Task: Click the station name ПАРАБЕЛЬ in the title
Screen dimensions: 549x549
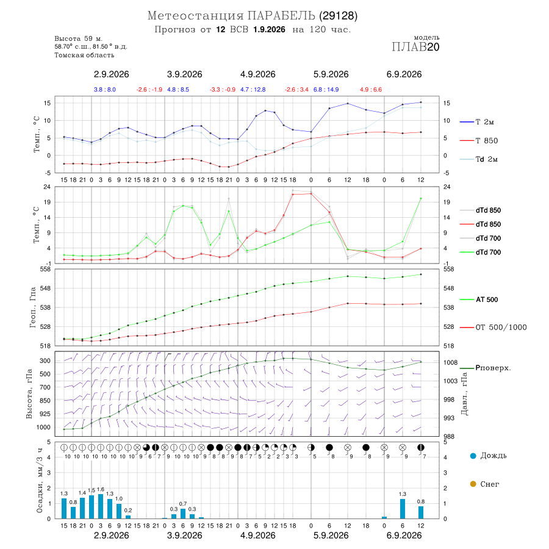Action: click(281, 16)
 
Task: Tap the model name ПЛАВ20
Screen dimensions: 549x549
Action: click(415, 47)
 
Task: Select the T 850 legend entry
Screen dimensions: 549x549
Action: click(479, 141)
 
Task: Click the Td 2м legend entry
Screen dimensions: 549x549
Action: click(479, 159)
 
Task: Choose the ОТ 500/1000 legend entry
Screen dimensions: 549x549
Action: click(493, 328)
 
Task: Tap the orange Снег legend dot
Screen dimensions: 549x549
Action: click(473, 484)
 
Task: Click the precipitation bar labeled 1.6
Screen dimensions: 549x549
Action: click(101, 506)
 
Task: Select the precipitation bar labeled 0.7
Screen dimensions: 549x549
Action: click(183, 514)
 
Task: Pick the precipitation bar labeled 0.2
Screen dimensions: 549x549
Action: click(128, 517)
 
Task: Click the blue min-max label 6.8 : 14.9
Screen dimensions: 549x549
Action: click(326, 90)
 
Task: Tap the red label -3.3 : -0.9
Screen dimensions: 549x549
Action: click(222, 90)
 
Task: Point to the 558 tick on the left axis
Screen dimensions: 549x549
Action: click(46, 269)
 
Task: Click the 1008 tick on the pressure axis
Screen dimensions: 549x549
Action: click(451, 362)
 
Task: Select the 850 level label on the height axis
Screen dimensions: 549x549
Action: click(45, 401)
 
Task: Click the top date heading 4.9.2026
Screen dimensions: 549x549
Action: click(257, 74)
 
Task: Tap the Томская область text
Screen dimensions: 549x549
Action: click(84, 55)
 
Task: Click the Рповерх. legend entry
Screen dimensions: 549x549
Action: click(486, 368)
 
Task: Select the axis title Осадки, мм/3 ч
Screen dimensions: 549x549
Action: click(39, 480)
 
